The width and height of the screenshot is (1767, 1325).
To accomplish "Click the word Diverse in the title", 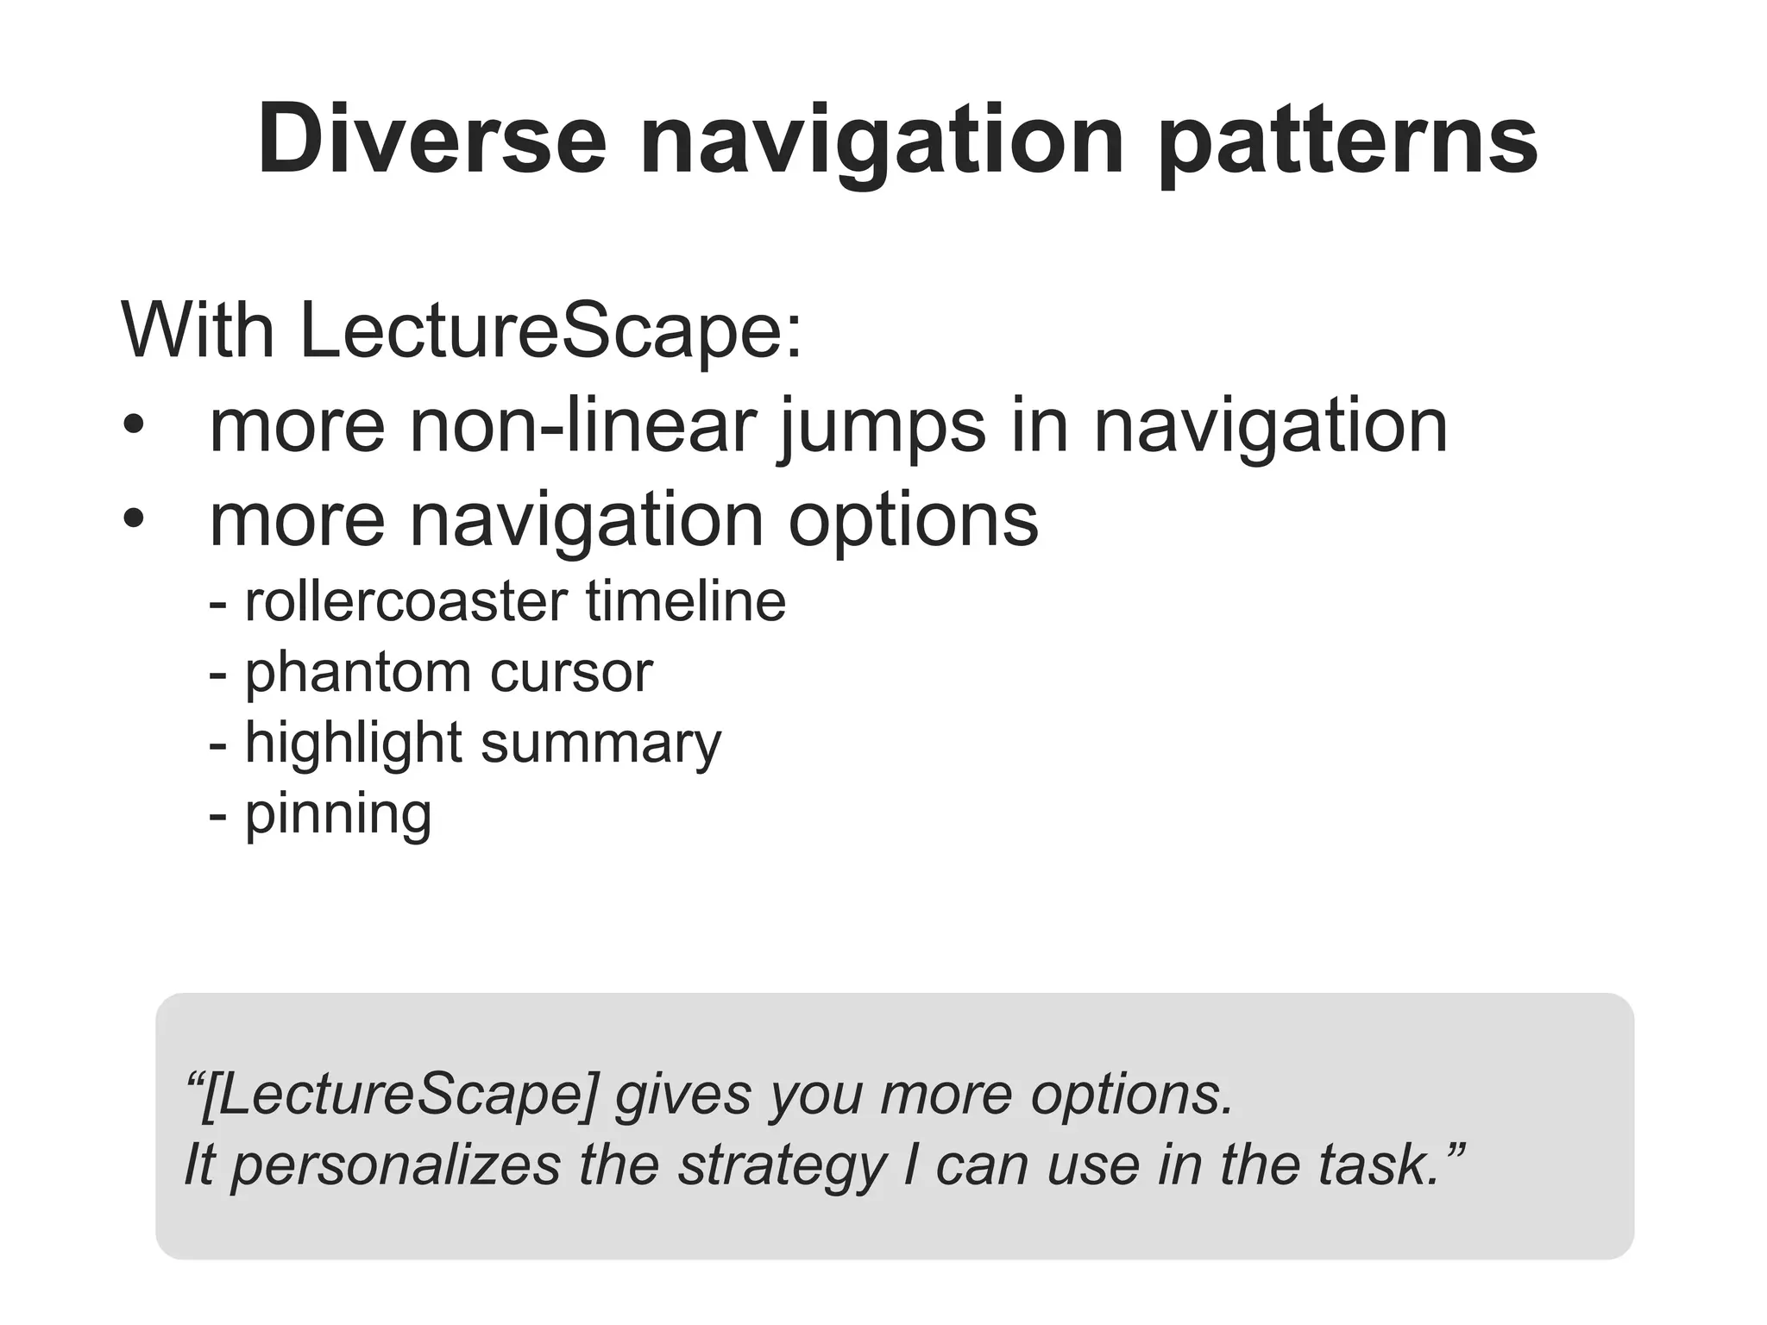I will coord(431,140).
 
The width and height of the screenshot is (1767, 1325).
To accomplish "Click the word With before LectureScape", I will coord(198,330).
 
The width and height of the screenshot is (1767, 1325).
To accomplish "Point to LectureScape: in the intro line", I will coord(550,330).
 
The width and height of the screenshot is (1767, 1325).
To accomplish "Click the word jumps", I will coord(882,425).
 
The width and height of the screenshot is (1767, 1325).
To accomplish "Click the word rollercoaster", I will coord(406,601).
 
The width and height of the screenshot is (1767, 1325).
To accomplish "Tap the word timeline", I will coord(686,601).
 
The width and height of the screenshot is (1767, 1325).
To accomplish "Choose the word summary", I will coord(601,743).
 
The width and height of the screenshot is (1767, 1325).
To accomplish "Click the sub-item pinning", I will coord(337,813).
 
